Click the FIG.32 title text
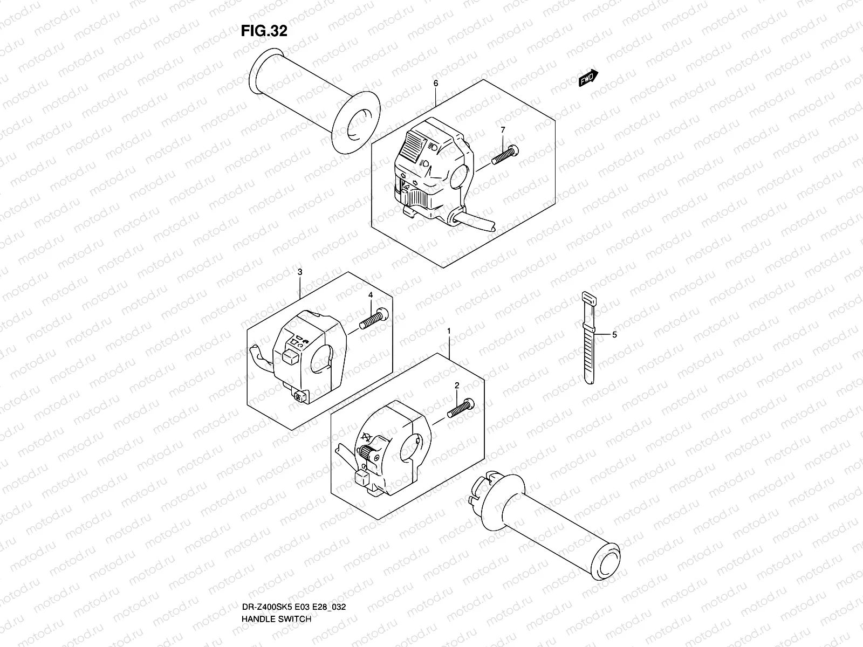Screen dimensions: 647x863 pos(264,31)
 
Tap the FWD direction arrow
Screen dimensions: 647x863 pos(588,79)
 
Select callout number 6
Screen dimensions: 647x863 pos(435,84)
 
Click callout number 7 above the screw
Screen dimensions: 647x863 pos(503,130)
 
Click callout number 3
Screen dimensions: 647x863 pos(300,272)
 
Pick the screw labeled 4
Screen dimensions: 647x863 pos(373,320)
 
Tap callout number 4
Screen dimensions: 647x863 pos(371,295)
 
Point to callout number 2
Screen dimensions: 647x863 pos(457,386)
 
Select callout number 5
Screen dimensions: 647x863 pos(614,335)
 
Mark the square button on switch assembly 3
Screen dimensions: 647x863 pos(290,354)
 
